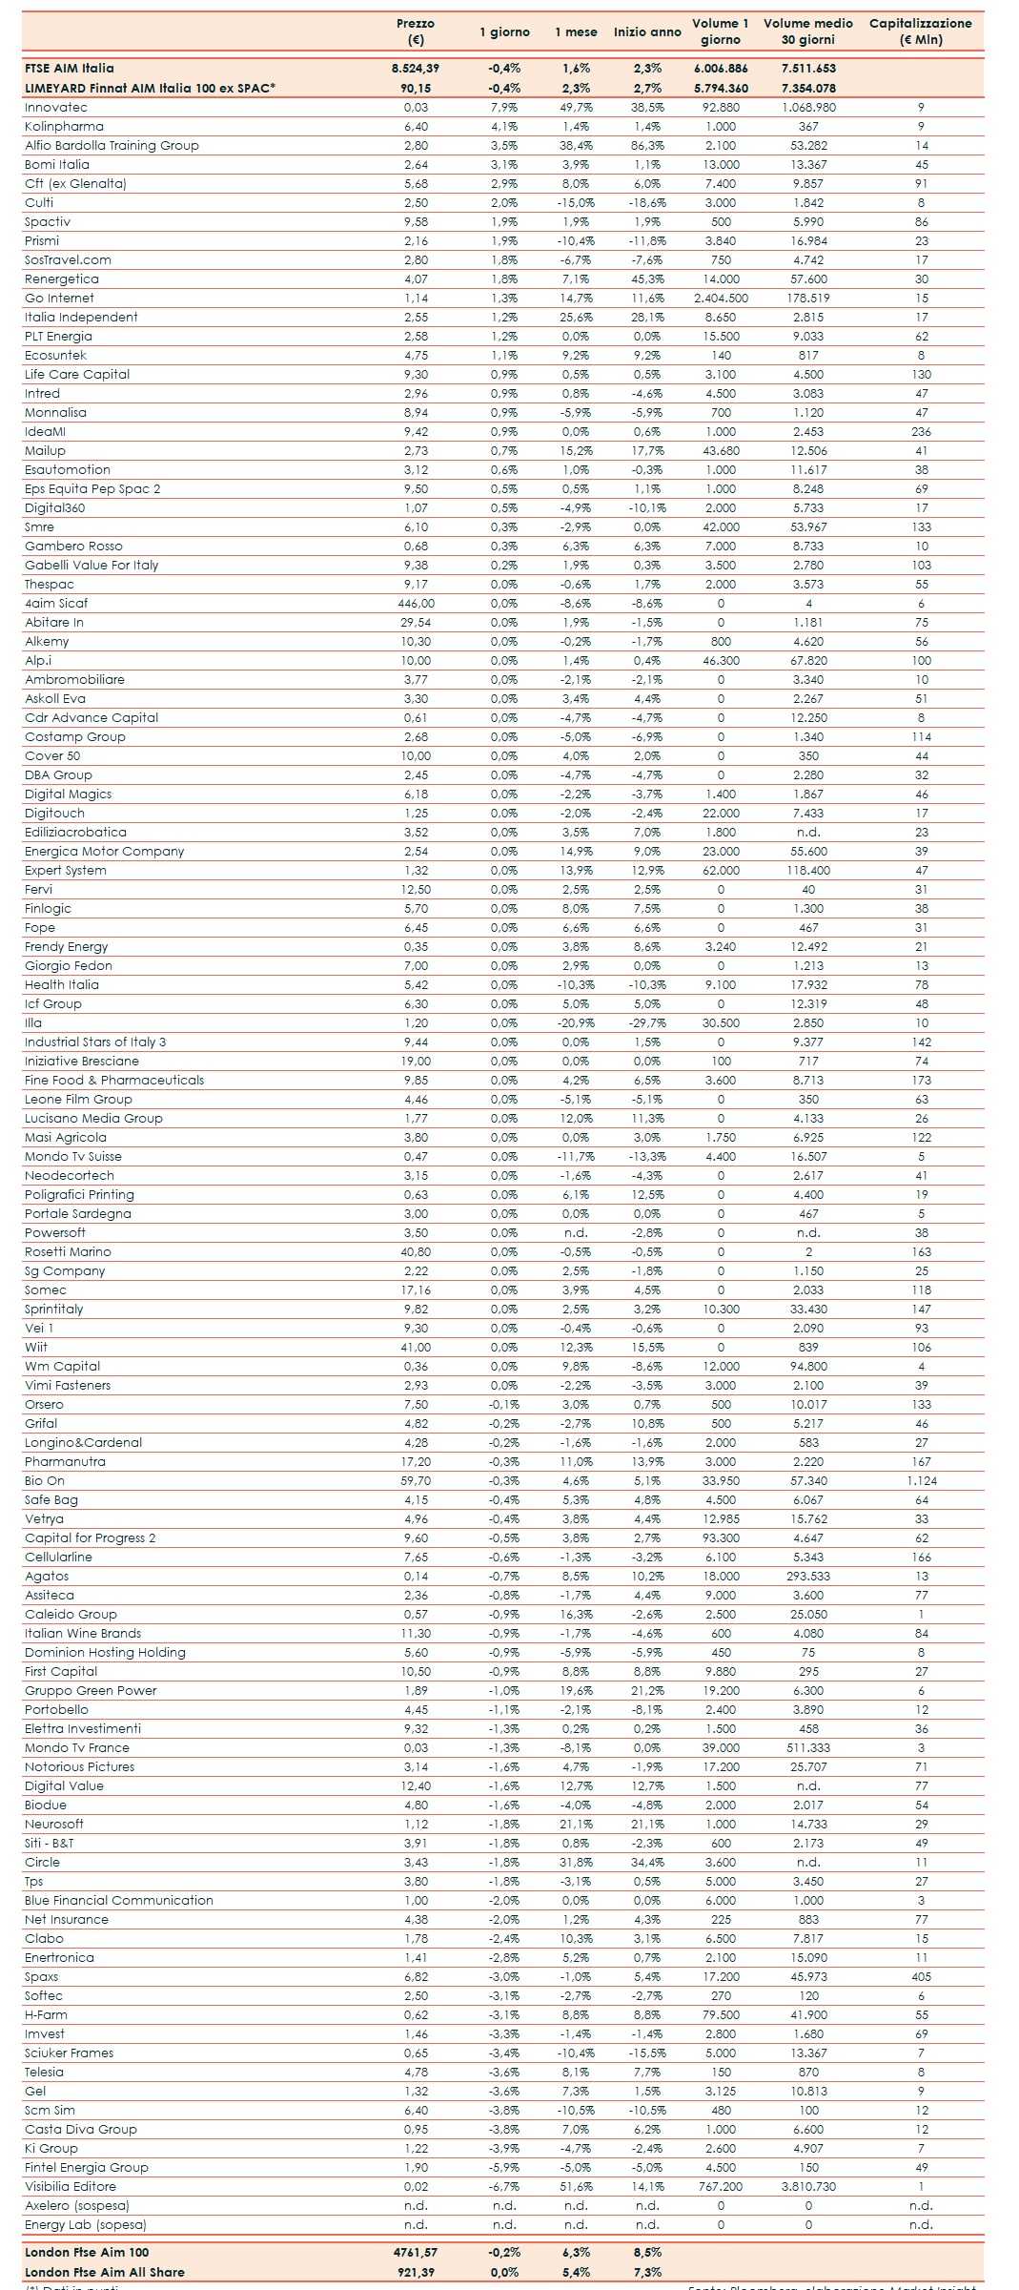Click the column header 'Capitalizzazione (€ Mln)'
tap(920, 31)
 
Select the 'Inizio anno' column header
tap(647, 32)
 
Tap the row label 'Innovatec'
tap(56, 108)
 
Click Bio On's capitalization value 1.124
tap(921, 1481)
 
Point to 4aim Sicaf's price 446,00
tap(416, 604)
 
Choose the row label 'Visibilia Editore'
tap(71, 2187)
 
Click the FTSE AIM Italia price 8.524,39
tap(416, 69)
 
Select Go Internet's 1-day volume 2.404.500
tap(721, 299)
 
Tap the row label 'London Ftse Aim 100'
tap(87, 2253)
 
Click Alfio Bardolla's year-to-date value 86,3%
tap(647, 146)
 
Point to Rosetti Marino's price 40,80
tap(416, 1252)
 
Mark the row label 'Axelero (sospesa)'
tap(77, 2206)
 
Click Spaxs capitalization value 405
tap(921, 1977)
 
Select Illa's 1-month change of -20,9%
tap(576, 1023)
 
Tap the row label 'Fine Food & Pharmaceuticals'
tap(114, 1081)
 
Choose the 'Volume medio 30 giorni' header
tap(807, 31)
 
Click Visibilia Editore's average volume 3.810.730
tap(808, 2187)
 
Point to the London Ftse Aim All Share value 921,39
tap(416, 2272)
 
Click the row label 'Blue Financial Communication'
tap(119, 1901)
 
